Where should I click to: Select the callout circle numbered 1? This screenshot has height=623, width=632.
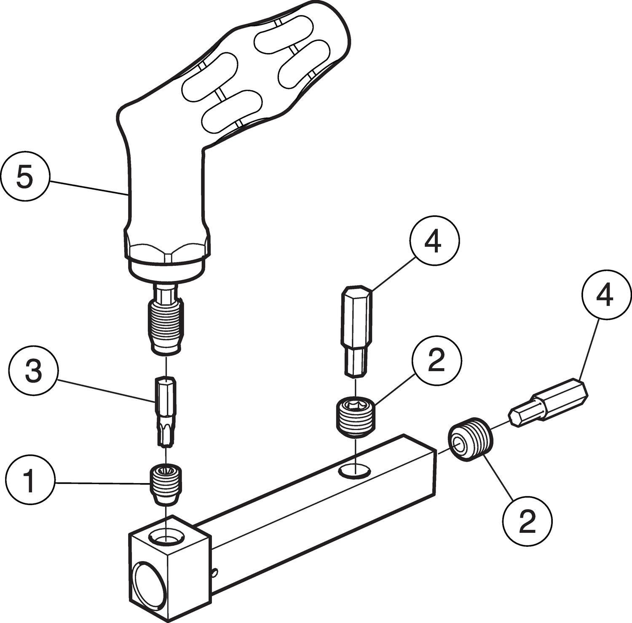point(29,481)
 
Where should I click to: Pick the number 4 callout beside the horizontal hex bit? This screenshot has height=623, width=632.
point(605,296)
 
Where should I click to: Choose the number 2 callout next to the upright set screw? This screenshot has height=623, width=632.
point(437,361)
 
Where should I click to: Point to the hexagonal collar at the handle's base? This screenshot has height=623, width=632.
point(166,253)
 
